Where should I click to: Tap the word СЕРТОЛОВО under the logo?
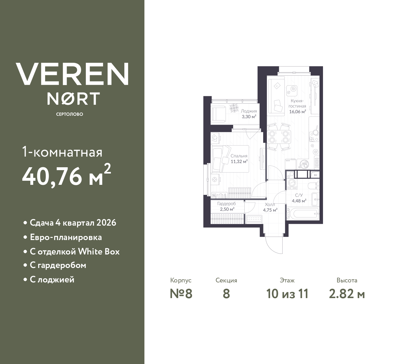coord(70,114)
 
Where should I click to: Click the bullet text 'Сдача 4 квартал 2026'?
coord(73,223)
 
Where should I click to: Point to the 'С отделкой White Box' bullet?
coord(75,252)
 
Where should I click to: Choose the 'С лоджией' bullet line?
coord(52,279)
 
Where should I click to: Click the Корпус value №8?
coord(181,294)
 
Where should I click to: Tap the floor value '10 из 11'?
coord(287,294)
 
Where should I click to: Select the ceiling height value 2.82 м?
coord(347,294)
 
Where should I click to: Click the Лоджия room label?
coord(249,111)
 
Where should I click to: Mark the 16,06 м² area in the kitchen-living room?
coord(297,111)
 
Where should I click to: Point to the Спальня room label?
coord(239,156)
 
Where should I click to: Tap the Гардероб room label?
coord(227,204)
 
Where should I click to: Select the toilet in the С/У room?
coord(313,186)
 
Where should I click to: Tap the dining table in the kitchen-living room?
coord(279,136)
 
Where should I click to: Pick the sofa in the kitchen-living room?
coord(276,95)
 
